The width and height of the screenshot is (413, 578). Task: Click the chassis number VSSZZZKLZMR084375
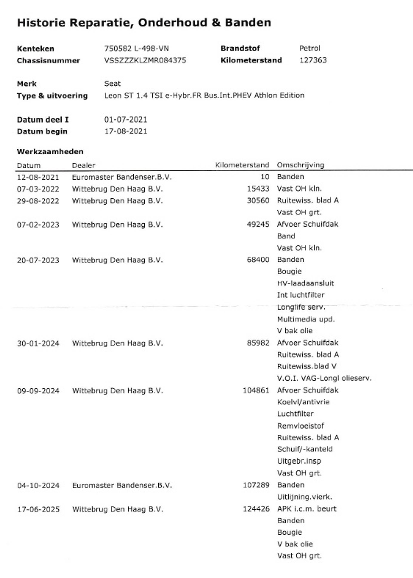click(x=145, y=60)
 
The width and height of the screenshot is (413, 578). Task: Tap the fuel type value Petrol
click(x=310, y=48)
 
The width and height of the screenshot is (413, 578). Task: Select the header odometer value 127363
click(x=313, y=60)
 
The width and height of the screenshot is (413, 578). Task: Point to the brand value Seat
click(x=112, y=84)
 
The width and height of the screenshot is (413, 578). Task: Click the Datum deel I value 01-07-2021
click(x=126, y=120)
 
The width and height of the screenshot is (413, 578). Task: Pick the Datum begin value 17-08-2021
click(x=126, y=131)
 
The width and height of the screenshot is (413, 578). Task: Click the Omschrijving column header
click(x=300, y=165)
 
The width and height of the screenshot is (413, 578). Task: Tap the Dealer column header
click(x=83, y=166)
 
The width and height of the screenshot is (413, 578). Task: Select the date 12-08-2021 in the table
click(x=38, y=177)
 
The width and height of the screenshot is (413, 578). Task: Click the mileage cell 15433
click(x=258, y=189)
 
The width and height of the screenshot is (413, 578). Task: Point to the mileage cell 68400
click(x=258, y=260)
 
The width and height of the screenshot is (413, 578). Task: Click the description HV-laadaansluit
click(x=305, y=283)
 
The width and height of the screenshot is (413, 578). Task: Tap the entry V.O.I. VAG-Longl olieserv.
click(x=324, y=378)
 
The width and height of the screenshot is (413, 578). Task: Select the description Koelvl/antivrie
click(x=303, y=402)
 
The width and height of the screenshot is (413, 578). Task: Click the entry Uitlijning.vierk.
click(x=304, y=497)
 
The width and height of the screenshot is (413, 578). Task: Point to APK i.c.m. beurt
click(x=307, y=509)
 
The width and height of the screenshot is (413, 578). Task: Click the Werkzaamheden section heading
click(x=50, y=152)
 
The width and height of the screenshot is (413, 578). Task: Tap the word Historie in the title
click(x=41, y=23)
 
